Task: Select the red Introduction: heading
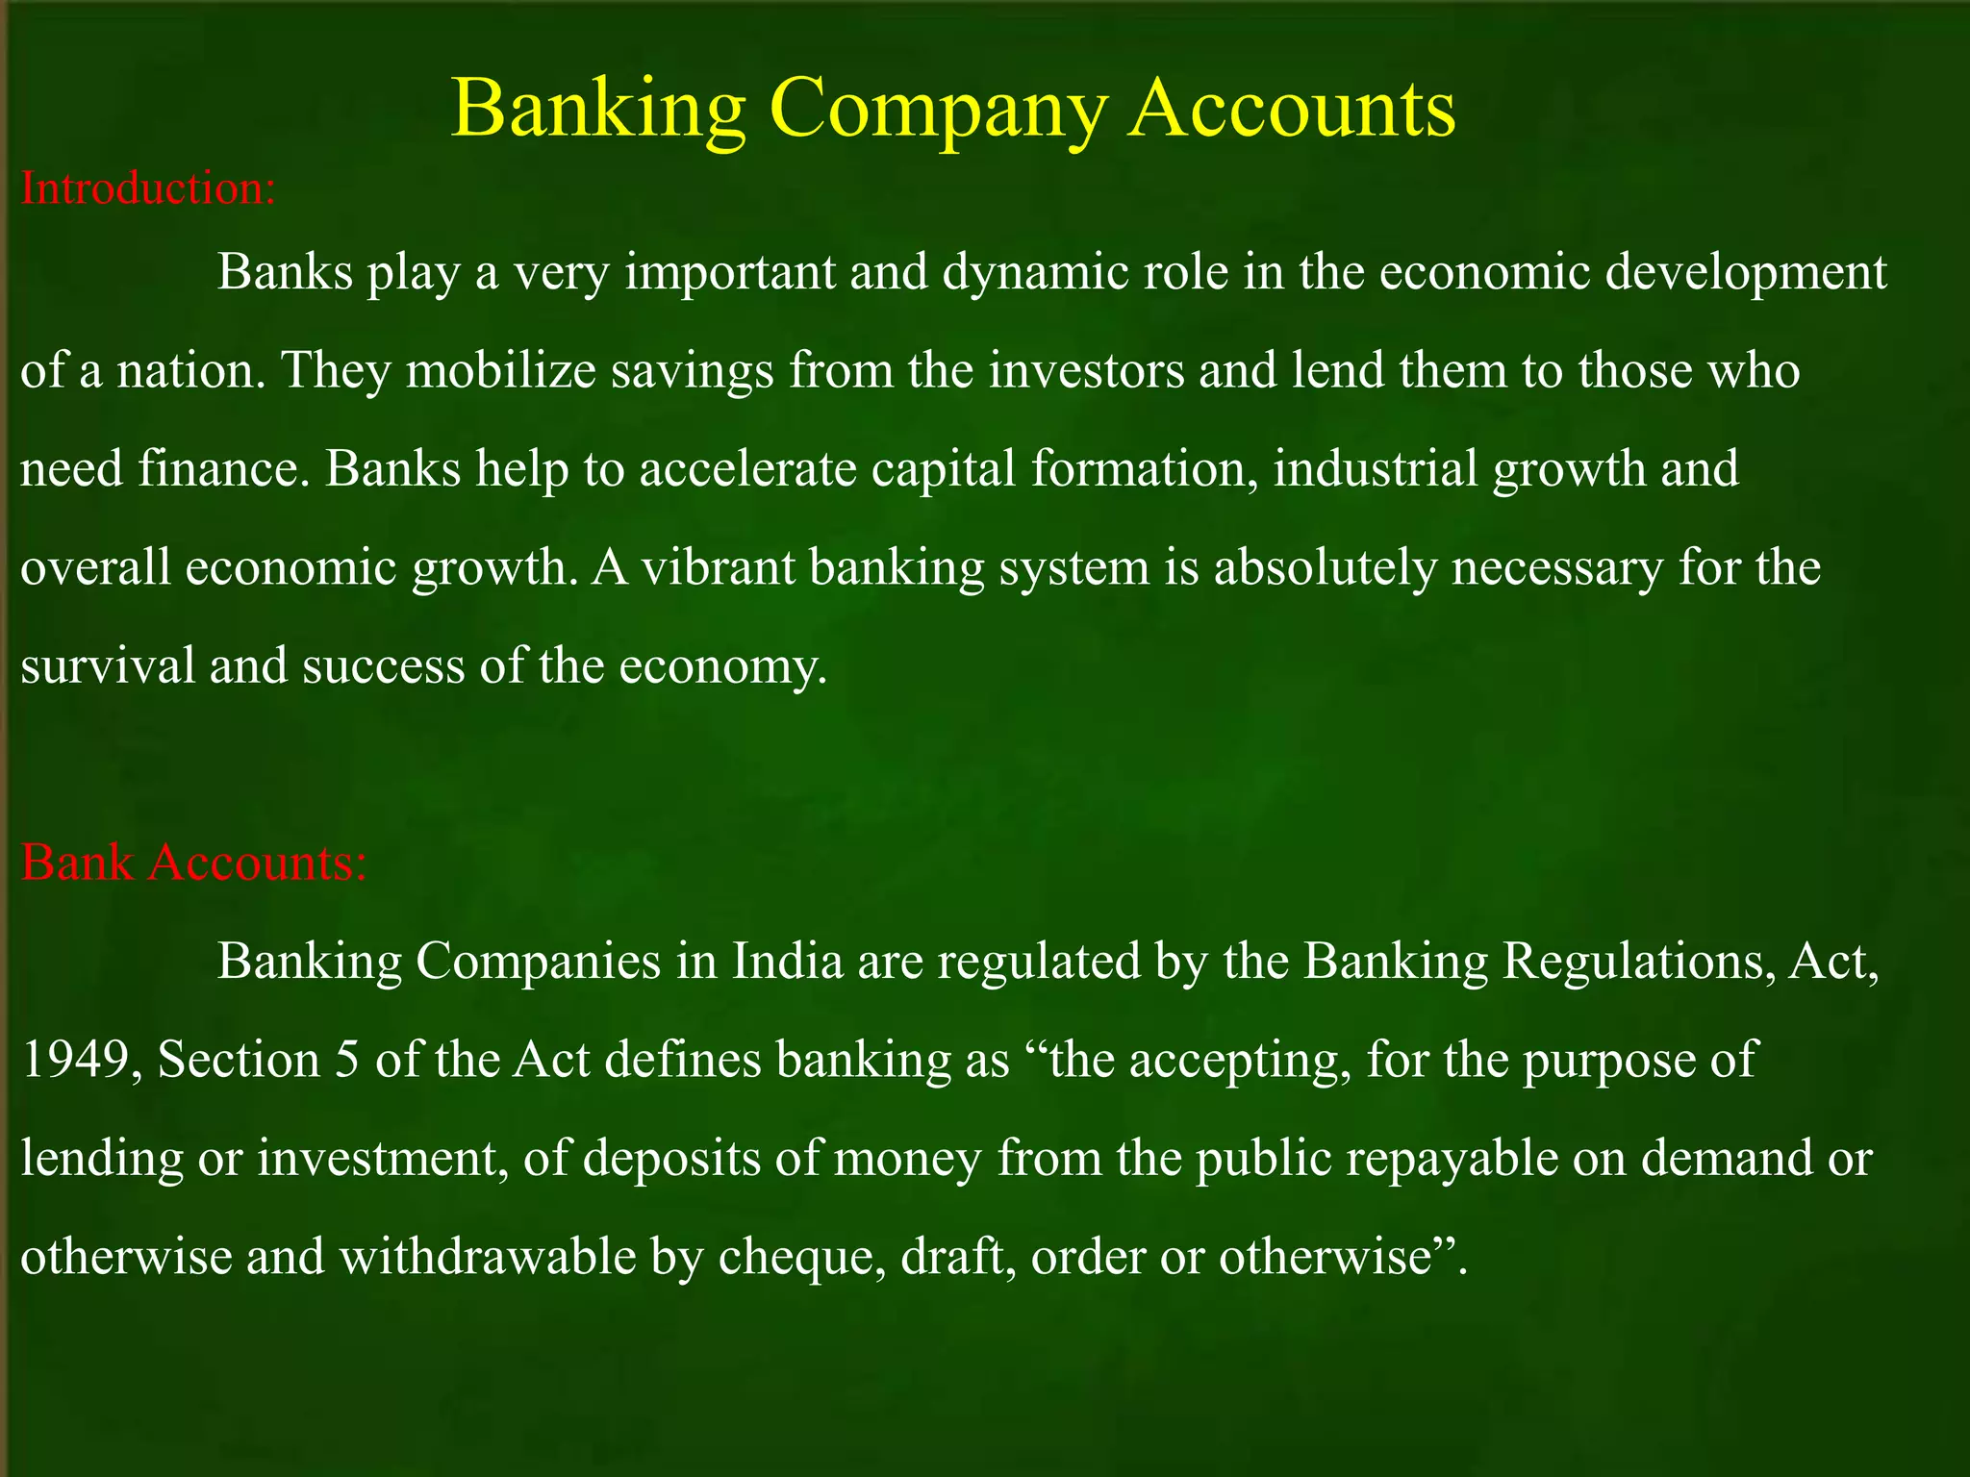pos(148,188)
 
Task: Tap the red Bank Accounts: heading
pos(193,862)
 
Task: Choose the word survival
pos(107,665)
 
